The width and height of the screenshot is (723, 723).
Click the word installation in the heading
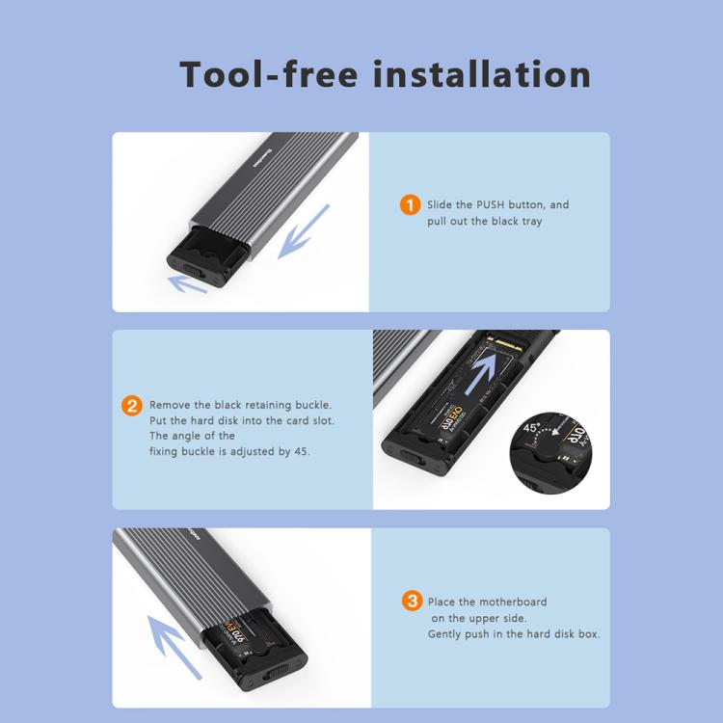tap(481, 74)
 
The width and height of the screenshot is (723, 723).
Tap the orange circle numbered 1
tap(411, 205)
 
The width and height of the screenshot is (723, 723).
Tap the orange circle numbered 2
tap(132, 406)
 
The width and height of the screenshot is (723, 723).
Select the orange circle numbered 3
tap(412, 602)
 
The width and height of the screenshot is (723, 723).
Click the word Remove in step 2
tap(171, 406)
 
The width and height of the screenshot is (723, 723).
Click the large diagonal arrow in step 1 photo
tap(304, 231)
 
